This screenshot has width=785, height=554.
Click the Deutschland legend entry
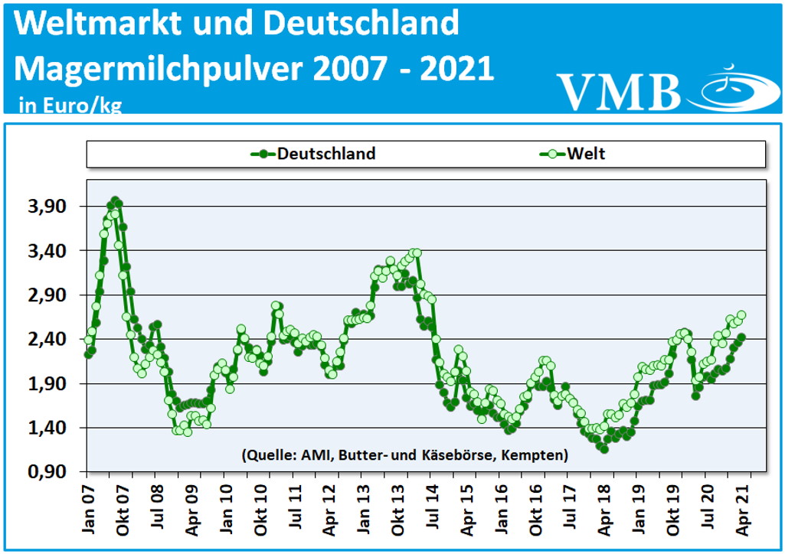tap(314, 154)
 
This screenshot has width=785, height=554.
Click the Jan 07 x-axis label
tap(87, 507)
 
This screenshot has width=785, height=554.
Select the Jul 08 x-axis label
tap(156, 507)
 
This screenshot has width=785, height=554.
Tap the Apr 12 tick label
tap(329, 507)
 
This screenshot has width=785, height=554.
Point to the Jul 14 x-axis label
tap(433, 507)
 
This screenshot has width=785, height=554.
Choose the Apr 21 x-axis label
tap(744, 507)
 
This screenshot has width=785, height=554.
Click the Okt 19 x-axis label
tap(674, 507)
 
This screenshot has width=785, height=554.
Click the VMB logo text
tap(619, 92)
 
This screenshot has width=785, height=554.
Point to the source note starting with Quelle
tap(404, 455)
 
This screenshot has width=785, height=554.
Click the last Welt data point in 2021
tap(741, 315)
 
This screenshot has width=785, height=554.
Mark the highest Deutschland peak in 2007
tap(115, 200)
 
